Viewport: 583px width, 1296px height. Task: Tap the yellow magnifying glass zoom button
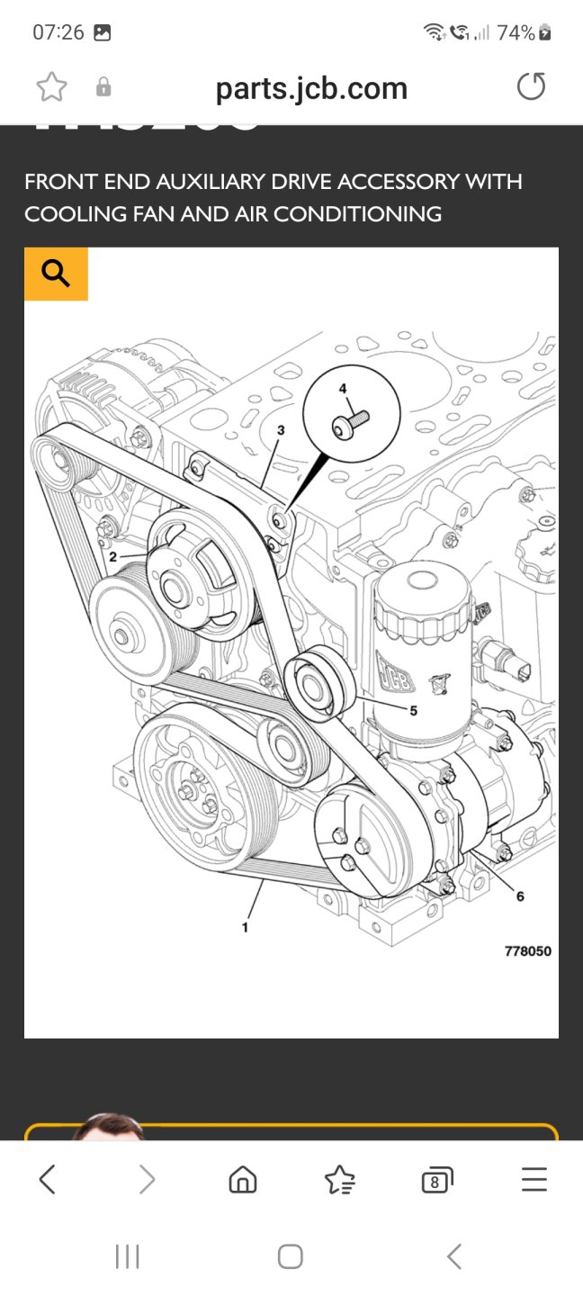(56, 274)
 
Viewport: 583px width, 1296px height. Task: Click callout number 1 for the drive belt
(245, 926)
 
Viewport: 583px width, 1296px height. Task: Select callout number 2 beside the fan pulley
(113, 557)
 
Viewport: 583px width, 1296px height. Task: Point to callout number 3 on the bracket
(281, 431)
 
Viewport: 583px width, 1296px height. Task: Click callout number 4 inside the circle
(342, 388)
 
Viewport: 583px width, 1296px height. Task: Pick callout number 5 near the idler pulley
(413, 710)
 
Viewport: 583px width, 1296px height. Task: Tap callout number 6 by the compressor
(520, 895)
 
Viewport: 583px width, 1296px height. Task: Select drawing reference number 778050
(527, 951)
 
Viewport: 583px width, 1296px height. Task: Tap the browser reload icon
(531, 87)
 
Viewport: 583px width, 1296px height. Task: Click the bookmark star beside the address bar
(51, 87)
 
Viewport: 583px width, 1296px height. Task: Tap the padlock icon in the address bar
(103, 87)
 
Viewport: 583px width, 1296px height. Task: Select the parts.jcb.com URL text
(311, 88)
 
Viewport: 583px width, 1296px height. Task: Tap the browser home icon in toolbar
(243, 1179)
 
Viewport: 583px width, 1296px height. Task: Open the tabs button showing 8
(436, 1179)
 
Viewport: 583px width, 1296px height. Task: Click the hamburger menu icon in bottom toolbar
(534, 1179)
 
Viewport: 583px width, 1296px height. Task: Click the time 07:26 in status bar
(58, 33)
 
